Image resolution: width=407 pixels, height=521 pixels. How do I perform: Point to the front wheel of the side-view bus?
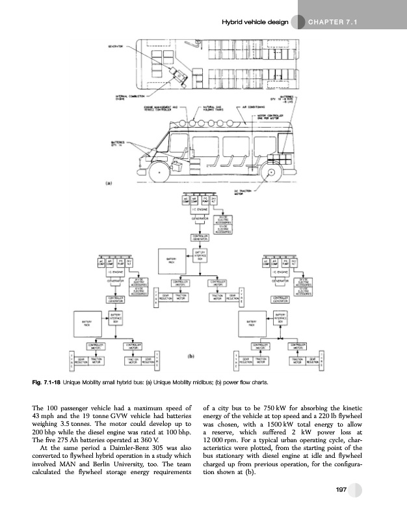tap(159, 173)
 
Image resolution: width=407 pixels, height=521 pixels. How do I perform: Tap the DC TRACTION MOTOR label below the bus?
tap(242, 191)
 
